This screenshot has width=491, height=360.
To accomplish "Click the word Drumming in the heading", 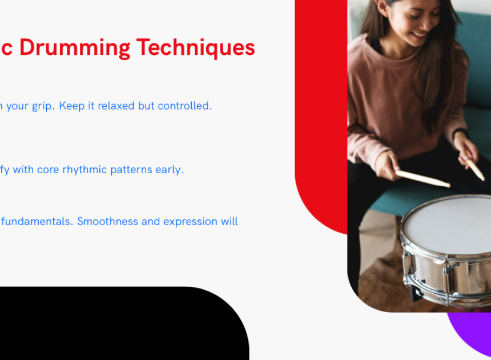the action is [75, 48].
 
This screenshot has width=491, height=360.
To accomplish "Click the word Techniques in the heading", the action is [196, 47].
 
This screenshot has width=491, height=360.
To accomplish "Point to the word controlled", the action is [185, 106].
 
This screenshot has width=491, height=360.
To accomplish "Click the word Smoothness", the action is [107, 222].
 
